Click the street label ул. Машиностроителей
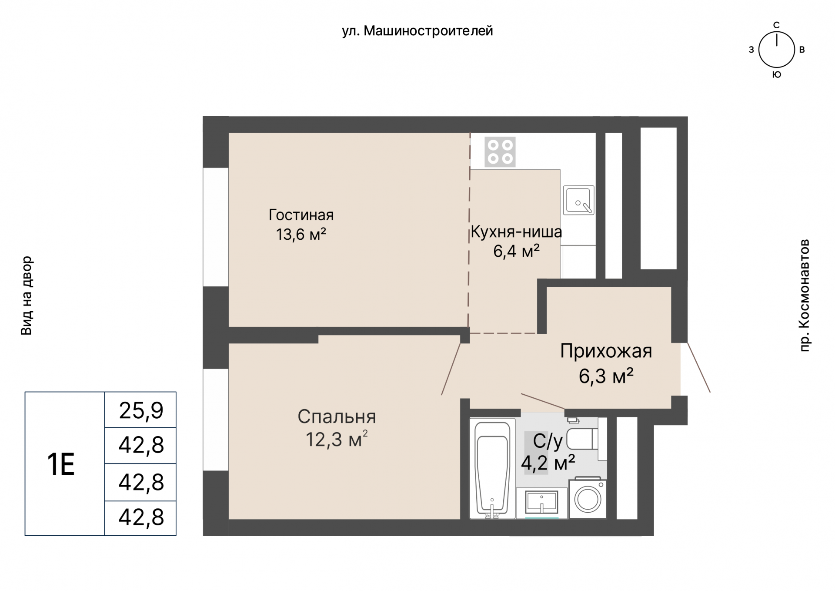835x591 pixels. tap(417, 31)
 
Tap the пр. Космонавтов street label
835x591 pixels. tap(805, 295)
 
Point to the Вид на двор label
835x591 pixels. tap(27, 295)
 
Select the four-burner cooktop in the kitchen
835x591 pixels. tap(500, 152)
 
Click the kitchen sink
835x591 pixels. tap(579, 200)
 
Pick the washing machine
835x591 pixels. tap(588, 498)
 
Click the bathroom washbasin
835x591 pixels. tap(542, 503)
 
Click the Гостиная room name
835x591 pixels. tap(301, 215)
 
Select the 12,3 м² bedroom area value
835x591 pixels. tap(337, 440)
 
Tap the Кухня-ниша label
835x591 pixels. tap(516, 232)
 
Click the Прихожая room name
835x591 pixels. tap(606, 351)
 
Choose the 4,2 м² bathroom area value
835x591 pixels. tap(548, 463)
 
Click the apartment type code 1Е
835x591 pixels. tap(61, 464)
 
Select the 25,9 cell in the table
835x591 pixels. tap(141, 410)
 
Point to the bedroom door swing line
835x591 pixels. tap(451, 369)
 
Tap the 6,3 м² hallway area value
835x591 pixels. tap(606, 376)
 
